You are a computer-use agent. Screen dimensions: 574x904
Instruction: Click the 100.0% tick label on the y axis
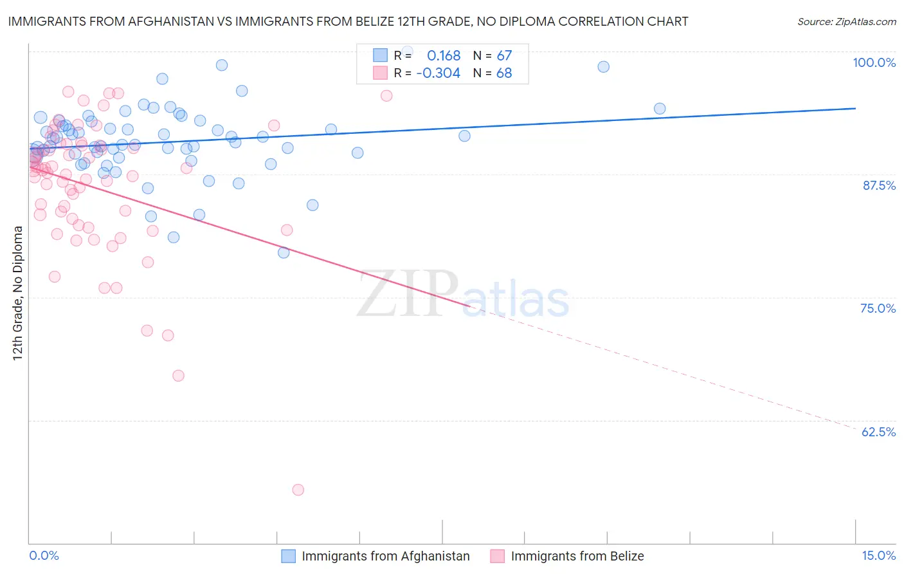pos(874,62)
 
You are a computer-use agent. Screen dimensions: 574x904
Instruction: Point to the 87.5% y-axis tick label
pos(879,185)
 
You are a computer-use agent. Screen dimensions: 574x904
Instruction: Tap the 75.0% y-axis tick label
pos(878,308)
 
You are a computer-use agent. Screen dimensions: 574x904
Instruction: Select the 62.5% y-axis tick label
pos(878,432)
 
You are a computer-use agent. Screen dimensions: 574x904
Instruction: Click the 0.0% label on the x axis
pos(44,555)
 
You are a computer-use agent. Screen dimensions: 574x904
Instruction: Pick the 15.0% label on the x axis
pos(878,555)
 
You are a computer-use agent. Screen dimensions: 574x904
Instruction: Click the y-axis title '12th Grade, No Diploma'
pos(18,293)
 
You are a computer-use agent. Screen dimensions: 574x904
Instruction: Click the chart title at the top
pos(348,21)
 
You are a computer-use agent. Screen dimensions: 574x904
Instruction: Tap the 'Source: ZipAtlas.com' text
pos(846,21)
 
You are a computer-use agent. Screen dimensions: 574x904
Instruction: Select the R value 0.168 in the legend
pos(444,55)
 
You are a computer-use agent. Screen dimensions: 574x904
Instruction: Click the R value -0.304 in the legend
pos(438,73)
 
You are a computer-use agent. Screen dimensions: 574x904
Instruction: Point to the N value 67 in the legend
pos(504,55)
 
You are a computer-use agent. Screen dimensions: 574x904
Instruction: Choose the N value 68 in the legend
pos(504,73)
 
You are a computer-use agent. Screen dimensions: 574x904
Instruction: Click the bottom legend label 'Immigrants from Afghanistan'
pos(386,556)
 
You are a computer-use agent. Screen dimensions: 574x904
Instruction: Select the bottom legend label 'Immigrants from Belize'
pos(577,556)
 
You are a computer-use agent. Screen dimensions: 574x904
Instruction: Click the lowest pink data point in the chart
pos(298,490)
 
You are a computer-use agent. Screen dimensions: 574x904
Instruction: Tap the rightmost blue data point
pos(660,109)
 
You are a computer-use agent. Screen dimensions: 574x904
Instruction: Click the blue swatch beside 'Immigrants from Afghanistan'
pos(289,556)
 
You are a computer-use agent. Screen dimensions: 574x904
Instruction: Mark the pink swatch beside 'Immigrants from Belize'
pos(498,556)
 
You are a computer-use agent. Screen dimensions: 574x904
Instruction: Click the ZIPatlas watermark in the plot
pos(463,295)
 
